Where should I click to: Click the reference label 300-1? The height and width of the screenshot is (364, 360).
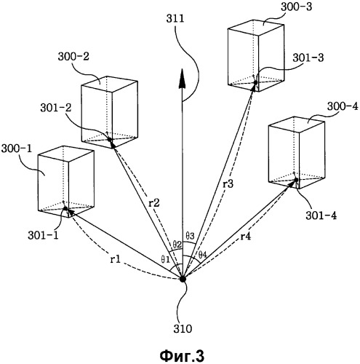tap(17, 149)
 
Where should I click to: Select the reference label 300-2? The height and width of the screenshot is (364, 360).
tap(73, 56)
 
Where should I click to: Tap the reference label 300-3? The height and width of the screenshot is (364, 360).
tap(297, 7)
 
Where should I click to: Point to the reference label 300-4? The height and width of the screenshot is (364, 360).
tap(343, 106)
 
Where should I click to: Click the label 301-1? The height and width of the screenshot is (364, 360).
tap(43, 235)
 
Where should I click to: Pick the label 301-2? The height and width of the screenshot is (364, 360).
tap(56, 108)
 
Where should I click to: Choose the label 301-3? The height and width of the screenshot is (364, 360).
tap(308, 58)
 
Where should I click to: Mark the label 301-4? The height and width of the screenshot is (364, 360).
tap(321, 215)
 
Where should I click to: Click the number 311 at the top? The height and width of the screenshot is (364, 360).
tap(175, 19)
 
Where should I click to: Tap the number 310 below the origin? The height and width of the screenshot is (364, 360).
tap(183, 329)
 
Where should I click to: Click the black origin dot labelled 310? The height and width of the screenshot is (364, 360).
tap(183, 279)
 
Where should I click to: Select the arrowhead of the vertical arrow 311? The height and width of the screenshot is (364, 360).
tap(182, 79)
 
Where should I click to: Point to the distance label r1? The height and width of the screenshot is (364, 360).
tap(116, 259)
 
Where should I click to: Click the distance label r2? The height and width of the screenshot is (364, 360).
tap(154, 202)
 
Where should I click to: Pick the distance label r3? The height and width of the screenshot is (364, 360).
tap(228, 184)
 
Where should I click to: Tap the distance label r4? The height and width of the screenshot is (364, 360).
tap(246, 236)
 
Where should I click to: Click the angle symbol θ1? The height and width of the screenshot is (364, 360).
tap(165, 260)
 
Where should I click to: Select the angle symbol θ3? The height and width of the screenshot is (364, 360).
tap(190, 235)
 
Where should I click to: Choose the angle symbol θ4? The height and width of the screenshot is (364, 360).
tap(202, 255)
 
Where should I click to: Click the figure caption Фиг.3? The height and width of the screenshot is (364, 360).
tap(182, 355)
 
